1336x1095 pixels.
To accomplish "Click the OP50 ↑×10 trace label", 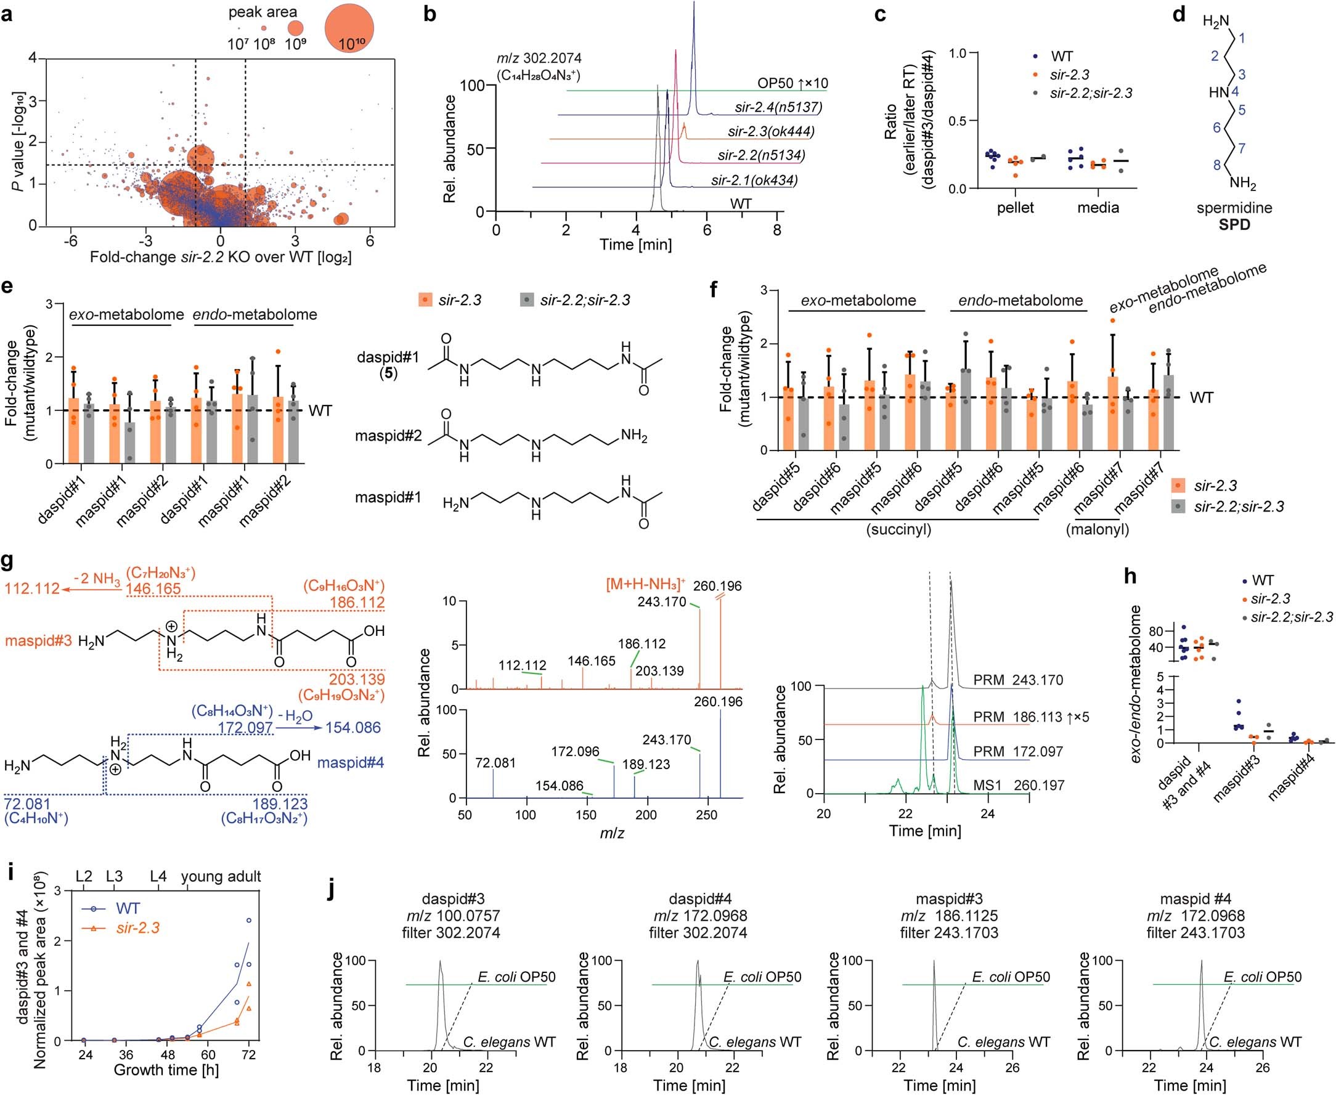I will point(793,83).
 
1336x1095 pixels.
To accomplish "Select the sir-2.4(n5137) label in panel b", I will point(778,107).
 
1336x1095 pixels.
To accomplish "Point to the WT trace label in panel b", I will point(741,204).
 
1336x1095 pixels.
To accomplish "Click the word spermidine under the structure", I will point(1234,208).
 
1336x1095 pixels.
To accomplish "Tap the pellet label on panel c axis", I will point(1015,208).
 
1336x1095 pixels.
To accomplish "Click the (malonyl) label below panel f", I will point(1097,530).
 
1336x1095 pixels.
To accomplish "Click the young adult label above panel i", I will point(221,876).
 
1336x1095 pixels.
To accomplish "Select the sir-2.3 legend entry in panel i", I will point(137,928).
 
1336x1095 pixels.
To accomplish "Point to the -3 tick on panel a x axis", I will point(145,241).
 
